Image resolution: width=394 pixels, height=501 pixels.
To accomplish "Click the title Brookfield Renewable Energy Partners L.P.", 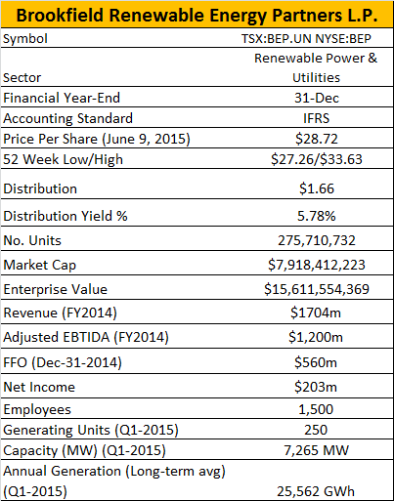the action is tap(197, 15).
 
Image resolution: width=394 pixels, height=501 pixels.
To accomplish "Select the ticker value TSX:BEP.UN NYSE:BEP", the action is tap(306, 39).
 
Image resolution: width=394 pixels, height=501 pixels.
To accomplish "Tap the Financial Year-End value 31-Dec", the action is tap(317, 98).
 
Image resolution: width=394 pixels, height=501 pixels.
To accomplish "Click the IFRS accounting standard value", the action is tap(316, 118).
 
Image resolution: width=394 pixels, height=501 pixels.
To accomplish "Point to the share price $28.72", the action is tap(317, 139).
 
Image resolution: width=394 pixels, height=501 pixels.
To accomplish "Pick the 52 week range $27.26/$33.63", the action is tap(317, 159).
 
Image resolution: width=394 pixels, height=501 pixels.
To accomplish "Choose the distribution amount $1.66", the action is tap(317, 188).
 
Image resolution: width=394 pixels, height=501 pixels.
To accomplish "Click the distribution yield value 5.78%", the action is tap(316, 216).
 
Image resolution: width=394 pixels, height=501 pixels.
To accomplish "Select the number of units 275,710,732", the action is tap(317, 240).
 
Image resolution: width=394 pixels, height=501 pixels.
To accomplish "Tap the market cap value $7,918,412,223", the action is tap(317, 265).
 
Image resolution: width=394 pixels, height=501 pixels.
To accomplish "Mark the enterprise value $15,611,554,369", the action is tap(317, 289).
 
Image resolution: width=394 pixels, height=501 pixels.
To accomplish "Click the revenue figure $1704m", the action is tap(316, 313).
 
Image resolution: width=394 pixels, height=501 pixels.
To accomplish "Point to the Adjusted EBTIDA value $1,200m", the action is tap(316, 337).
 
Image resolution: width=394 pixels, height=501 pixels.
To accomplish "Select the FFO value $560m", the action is tap(316, 362).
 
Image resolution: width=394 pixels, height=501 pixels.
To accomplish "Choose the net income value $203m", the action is tap(316, 387).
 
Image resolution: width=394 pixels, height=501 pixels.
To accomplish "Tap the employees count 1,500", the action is tap(316, 409).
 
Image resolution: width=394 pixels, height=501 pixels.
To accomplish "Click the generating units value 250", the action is tap(316, 430).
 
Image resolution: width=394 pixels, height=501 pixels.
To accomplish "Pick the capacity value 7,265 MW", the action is tap(316, 450).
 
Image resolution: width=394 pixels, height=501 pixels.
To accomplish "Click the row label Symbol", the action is tap(25, 39).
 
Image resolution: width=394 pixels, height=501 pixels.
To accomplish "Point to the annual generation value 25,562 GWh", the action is tap(316, 491).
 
